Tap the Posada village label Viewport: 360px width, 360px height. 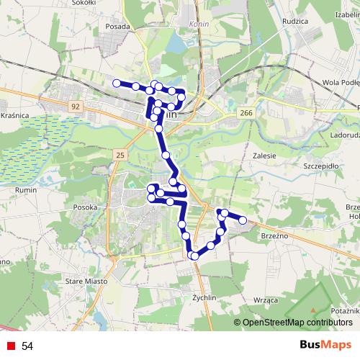point(117,26)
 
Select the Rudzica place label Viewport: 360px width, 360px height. point(295,21)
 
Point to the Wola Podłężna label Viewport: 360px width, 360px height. point(341,82)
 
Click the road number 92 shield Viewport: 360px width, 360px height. point(76,106)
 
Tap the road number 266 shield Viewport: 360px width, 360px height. point(247,113)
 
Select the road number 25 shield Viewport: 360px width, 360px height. point(120,155)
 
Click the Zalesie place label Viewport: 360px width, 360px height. point(266,154)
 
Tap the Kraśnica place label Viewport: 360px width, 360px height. point(14,114)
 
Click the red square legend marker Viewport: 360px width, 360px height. point(10,346)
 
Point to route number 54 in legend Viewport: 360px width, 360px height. point(27,346)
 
